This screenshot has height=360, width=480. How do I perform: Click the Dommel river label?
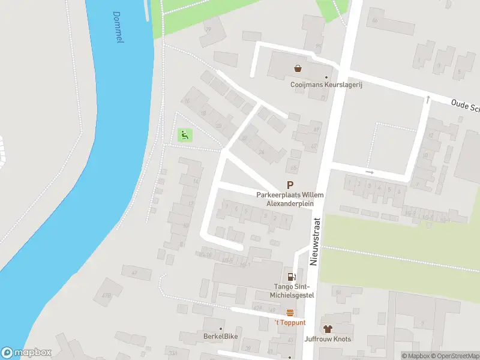[118, 28]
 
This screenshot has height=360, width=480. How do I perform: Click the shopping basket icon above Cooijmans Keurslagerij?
[298, 68]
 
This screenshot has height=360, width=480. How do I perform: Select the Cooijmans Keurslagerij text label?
[327, 85]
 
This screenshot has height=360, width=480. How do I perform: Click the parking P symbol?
[290, 186]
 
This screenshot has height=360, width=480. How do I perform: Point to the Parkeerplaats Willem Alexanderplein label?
[290, 199]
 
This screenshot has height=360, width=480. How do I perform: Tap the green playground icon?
[185, 136]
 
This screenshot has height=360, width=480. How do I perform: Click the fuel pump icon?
[292, 277]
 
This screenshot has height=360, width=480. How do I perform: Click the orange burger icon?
[290, 312]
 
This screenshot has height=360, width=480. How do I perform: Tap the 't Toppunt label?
[290, 323]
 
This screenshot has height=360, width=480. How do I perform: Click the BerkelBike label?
[220, 337]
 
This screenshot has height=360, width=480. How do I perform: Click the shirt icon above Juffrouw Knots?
[327, 329]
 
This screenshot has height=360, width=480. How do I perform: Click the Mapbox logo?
[26, 353]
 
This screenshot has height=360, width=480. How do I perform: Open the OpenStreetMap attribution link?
[455, 356]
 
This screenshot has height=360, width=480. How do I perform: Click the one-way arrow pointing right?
[370, 173]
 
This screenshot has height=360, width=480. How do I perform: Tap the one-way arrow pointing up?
[428, 99]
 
